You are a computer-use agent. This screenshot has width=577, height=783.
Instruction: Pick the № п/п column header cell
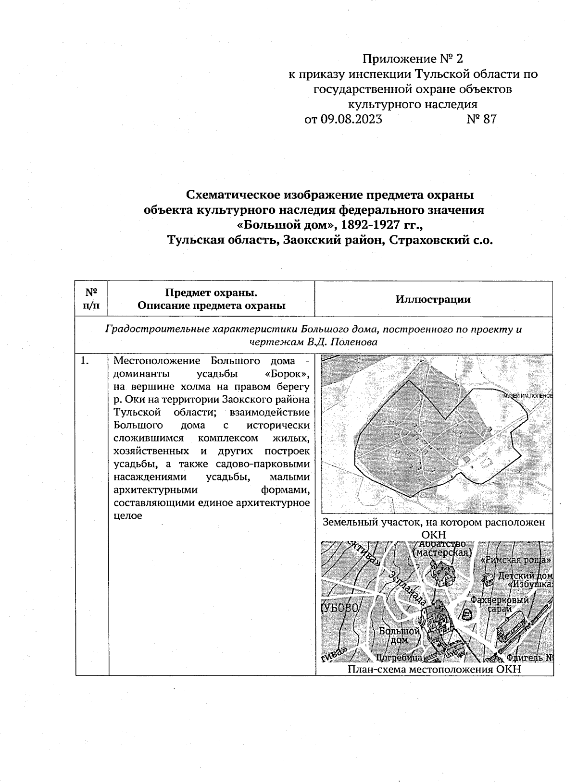[x=91, y=299]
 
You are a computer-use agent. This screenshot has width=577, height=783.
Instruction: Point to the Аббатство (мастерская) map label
[x=441, y=549]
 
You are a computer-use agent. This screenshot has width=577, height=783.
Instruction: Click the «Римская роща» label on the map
[x=515, y=560]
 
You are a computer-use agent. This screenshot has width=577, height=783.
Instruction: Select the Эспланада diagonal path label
[x=408, y=588]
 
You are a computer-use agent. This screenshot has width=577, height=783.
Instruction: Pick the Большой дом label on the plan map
[x=399, y=635]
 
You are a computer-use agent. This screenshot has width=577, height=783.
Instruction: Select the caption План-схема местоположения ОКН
[x=434, y=670]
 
